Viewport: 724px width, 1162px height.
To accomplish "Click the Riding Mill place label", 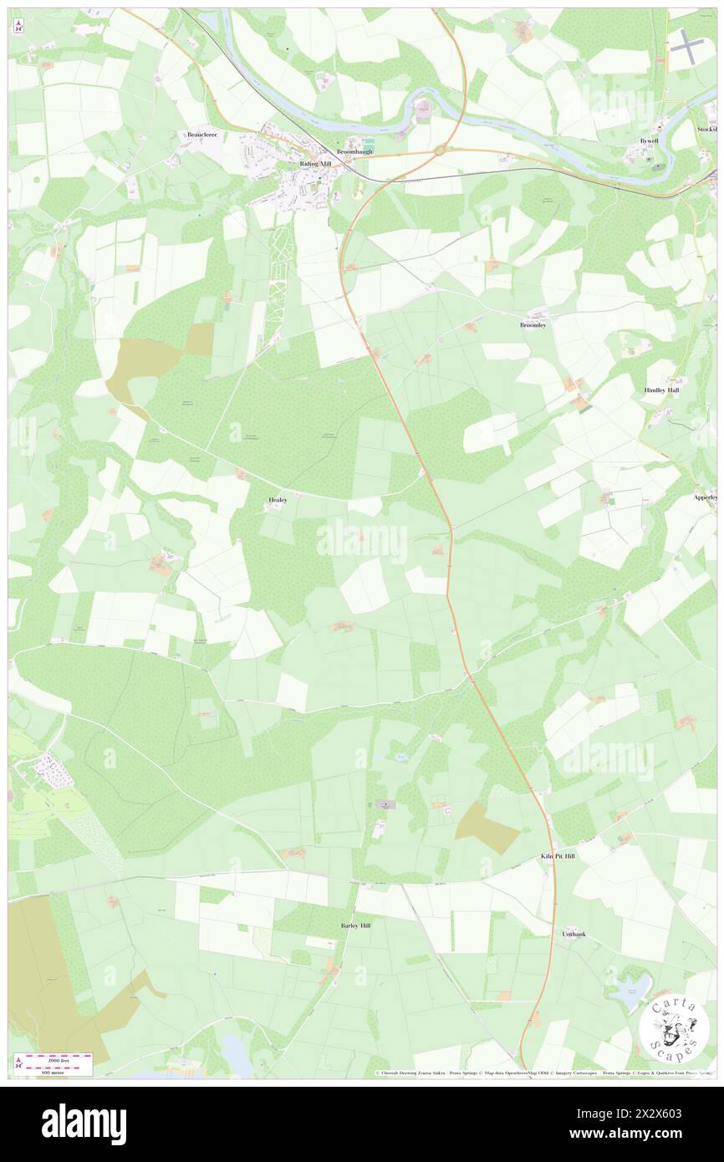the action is click(315, 165).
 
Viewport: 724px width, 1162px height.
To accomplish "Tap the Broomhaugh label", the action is click(354, 151).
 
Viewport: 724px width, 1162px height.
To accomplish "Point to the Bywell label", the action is click(650, 141).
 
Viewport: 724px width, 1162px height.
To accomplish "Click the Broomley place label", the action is click(533, 325).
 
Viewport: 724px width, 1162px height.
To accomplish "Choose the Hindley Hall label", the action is click(661, 390).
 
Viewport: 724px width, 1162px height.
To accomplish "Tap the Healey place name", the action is click(278, 500).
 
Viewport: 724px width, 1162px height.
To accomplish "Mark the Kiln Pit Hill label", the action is click(558, 857).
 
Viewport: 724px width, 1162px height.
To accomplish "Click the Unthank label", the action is click(574, 933).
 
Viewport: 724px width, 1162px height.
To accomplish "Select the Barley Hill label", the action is click(355, 926).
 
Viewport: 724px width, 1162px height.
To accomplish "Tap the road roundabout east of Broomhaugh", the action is click(440, 151).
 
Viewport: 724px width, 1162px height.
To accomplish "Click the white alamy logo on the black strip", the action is click(84, 1123).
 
